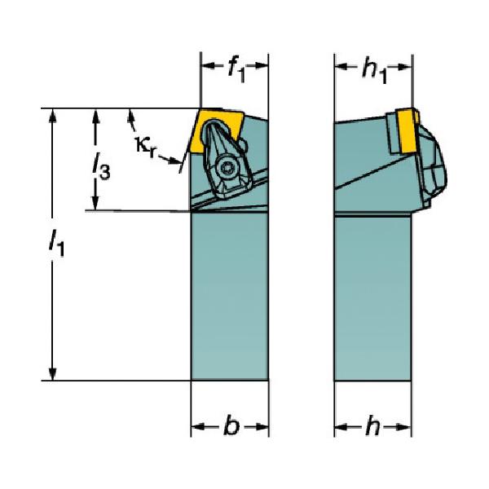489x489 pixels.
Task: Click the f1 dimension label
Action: click(236, 70)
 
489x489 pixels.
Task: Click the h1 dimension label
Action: click(374, 71)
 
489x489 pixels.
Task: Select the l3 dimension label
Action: click(101, 166)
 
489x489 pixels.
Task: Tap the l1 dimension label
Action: click(56, 242)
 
